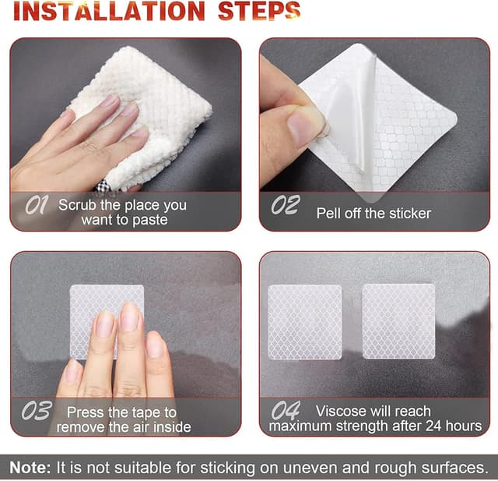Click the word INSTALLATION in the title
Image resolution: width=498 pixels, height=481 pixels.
[x=109, y=12]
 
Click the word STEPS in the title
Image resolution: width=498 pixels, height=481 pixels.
[x=259, y=12]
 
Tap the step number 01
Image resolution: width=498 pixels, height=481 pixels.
[x=37, y=204]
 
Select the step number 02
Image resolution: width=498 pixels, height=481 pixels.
[x=286, y=204]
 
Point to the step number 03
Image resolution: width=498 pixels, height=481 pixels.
[x=37, y=410]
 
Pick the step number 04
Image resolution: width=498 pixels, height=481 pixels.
[x=286, y=410]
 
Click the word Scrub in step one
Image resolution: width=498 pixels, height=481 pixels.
[x=77, y=205]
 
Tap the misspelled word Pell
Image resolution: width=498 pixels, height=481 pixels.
[x=329, y=213]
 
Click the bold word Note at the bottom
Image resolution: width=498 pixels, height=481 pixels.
[x=30, y=468]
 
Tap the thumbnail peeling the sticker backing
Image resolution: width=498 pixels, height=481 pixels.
[x=303, y=126]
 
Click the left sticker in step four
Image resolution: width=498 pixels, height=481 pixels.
[x=305, y=322]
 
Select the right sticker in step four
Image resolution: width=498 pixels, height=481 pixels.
[x=399, y=321]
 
